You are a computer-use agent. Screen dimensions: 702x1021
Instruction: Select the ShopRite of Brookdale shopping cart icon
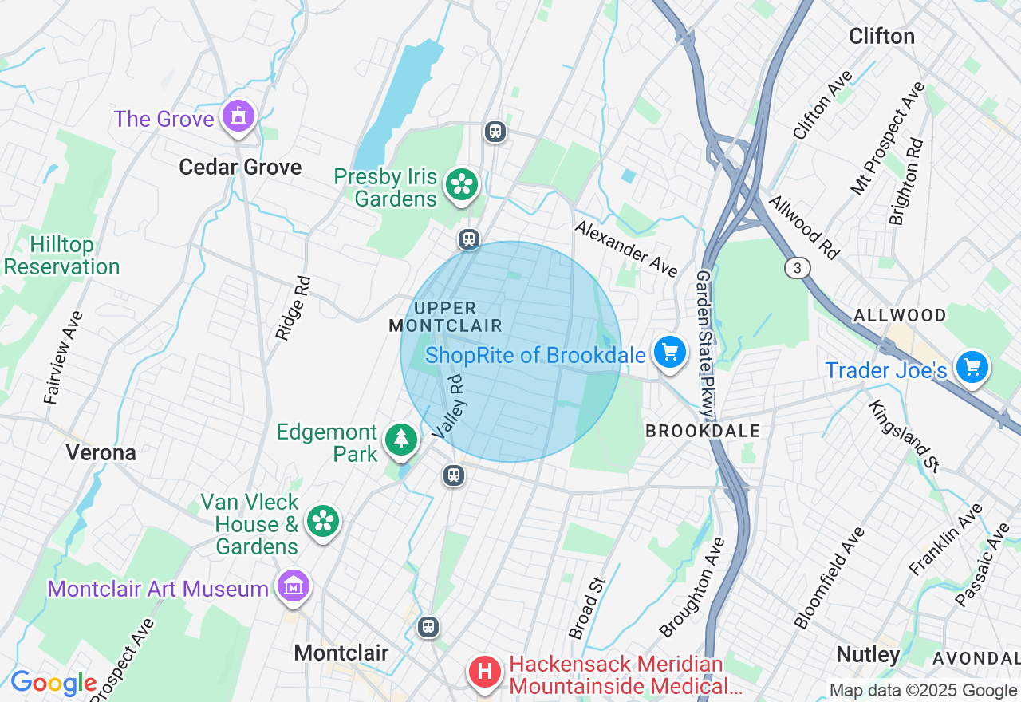coord(669,352)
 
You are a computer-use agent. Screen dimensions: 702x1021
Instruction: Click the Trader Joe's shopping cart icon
coord(972,368)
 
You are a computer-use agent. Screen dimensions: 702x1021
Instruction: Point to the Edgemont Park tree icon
coord(400,440)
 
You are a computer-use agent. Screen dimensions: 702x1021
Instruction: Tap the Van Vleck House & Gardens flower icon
coord(322,521)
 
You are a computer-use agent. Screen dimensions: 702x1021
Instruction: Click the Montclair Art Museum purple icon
coord(293,587)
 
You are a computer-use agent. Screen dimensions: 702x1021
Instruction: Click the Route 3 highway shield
coord(797,267)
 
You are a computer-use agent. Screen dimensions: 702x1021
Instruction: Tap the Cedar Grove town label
coord(240,167)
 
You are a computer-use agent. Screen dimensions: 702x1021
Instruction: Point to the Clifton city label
coord(881,36)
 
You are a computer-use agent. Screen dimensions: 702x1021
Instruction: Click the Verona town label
coord(101,452)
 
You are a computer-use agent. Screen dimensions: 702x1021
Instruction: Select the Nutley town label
coord(868,655)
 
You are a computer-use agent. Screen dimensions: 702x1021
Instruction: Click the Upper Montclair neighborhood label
coord(446,317)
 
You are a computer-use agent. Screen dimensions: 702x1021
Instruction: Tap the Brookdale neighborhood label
coord(702,431)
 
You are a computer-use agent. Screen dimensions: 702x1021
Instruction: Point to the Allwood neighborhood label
coord(900,315)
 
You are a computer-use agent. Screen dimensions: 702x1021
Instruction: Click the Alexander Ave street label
coord(626,248)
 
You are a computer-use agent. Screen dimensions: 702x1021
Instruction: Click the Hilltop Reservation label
coord(62,255)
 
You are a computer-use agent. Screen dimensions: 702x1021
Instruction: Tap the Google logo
coord(53,683)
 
